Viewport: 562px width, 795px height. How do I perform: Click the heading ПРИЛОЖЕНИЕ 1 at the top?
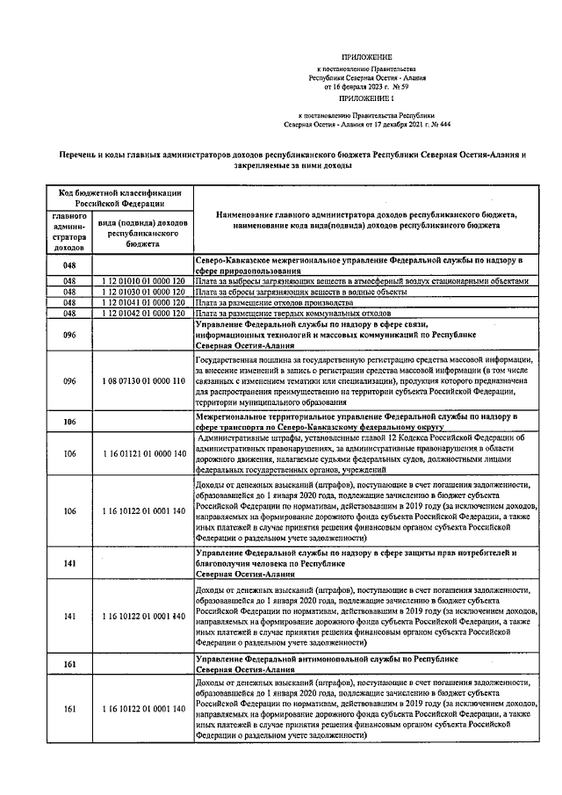click(x=363, y=98)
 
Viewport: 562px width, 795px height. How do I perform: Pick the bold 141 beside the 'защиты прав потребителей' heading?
click(x=70, y=562)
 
